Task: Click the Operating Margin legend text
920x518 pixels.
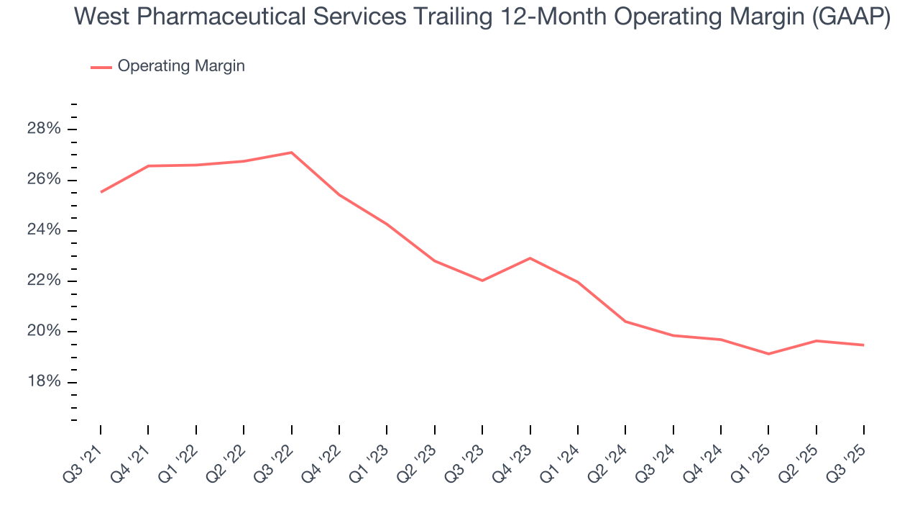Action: click(x=181, y=66)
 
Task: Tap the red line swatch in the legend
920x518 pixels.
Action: click(x=101, y=67)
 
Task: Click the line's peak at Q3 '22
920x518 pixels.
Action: click(x=291, y=153)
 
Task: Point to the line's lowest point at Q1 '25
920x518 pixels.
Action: click(x=768, y=354)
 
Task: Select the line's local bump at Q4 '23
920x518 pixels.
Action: click(x=530, y=258)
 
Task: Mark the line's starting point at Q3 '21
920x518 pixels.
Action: click(x=101, y=192)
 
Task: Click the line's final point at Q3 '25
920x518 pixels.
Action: click(x=863, y=345)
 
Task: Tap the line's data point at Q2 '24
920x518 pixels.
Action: click(x=625, y=322)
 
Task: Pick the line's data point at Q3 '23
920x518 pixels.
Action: click(x=482, y=281)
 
